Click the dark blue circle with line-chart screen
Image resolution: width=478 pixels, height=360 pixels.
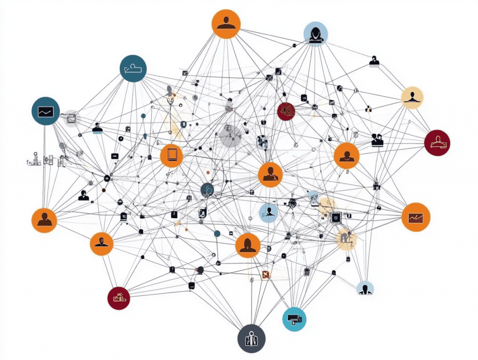coord(45,111)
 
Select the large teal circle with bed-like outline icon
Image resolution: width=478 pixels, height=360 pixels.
coord(133,69)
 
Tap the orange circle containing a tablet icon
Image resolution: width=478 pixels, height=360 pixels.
coord(171,155)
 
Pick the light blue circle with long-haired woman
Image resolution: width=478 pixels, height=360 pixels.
coord(316,34)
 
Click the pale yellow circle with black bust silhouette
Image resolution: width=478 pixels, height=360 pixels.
coord(412,98)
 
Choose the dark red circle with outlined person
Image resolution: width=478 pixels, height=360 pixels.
coord(437,142)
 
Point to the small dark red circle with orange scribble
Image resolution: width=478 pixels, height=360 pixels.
coord(286,111)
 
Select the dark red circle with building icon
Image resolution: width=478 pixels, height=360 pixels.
coord(118,297)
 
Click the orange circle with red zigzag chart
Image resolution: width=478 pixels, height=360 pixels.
coord(415,217)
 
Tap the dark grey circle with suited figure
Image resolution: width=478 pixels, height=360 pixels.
coord(251,339)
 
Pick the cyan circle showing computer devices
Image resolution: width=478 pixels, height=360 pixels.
coord(295,319)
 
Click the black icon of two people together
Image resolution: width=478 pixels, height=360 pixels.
coord(377,140)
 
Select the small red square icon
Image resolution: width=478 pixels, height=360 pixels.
coord(267,275)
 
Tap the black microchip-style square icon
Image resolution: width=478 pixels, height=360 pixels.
coord(335,217)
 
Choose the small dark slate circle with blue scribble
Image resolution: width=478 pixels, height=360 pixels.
coord(207,190)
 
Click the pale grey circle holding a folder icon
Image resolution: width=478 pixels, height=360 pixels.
coord(71,118)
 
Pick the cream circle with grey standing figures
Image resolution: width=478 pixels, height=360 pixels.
coord(346,239)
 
